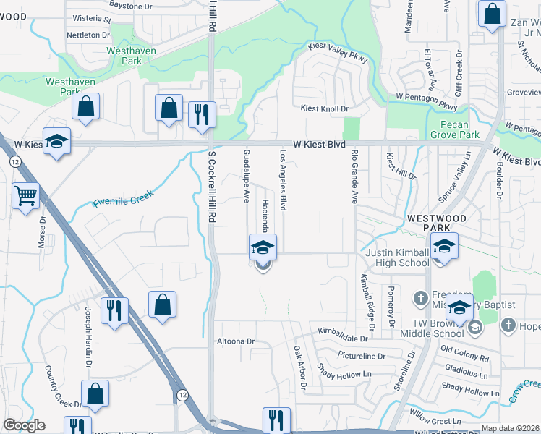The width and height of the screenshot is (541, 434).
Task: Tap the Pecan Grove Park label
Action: [455, 129]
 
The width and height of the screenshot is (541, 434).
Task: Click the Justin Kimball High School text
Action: [397, 258]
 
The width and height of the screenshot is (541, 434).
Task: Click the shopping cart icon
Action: [25, 195]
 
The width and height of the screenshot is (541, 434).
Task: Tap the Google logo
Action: [24, 425]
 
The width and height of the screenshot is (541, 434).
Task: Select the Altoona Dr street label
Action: [236, 341]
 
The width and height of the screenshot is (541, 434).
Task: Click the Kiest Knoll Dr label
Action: [325, 109]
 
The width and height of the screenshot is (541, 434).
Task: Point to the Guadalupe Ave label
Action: [247, 175]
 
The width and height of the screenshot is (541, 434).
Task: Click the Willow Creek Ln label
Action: [435, 421]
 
